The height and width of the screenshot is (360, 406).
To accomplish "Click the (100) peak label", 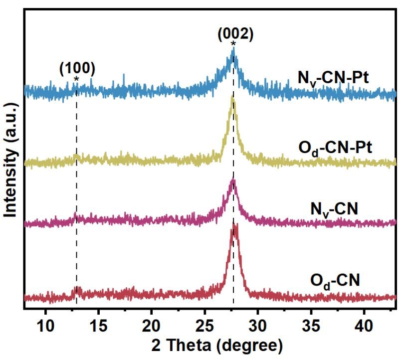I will [77, 67].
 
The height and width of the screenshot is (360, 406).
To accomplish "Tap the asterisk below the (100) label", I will [76, 79].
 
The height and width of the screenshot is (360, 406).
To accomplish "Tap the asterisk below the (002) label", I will [233, 45].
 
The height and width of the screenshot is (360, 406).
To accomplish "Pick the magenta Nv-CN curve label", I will [332, 208].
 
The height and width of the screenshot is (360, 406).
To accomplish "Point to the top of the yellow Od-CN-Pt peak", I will [232, 98].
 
